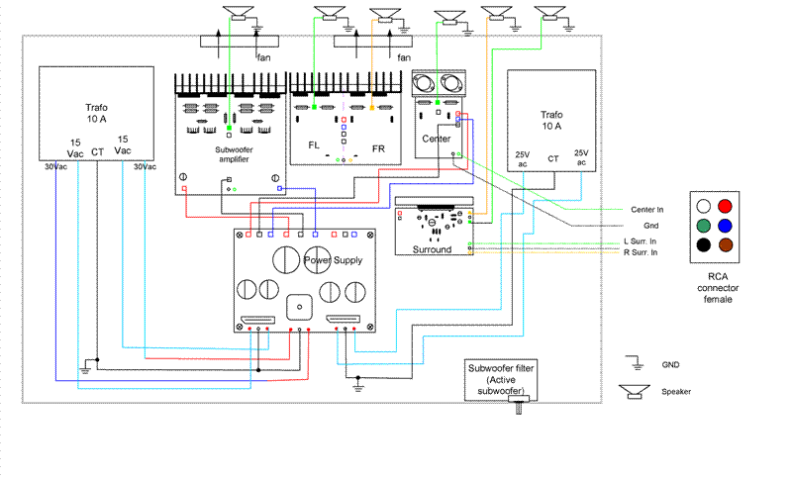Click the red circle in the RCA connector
(x=725, y=207)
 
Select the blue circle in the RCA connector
(x=725, y=226)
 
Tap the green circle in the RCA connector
(x=704, y=226)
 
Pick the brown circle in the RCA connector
(x=726, y=245)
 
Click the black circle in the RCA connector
(x=704, y=245)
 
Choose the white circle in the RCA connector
(x=704, y=207)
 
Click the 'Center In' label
(x=647, y=210)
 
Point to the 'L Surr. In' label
(x=640, y=241)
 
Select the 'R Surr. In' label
(x=641, y=252)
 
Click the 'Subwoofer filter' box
(x=501, y=380)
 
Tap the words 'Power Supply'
(x=334, y=260)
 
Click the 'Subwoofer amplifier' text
(x=234, y=154)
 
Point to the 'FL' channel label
(x=314, y=145)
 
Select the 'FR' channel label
(x=378, y=148)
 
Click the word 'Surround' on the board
(x=432, y=249)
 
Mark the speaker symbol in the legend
(x=635, y=392)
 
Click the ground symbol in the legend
(x=636, y=363)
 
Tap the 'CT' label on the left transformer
(x=97, y=152)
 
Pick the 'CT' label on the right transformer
(x=553, y=158)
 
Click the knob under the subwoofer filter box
(x=518, y=405)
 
